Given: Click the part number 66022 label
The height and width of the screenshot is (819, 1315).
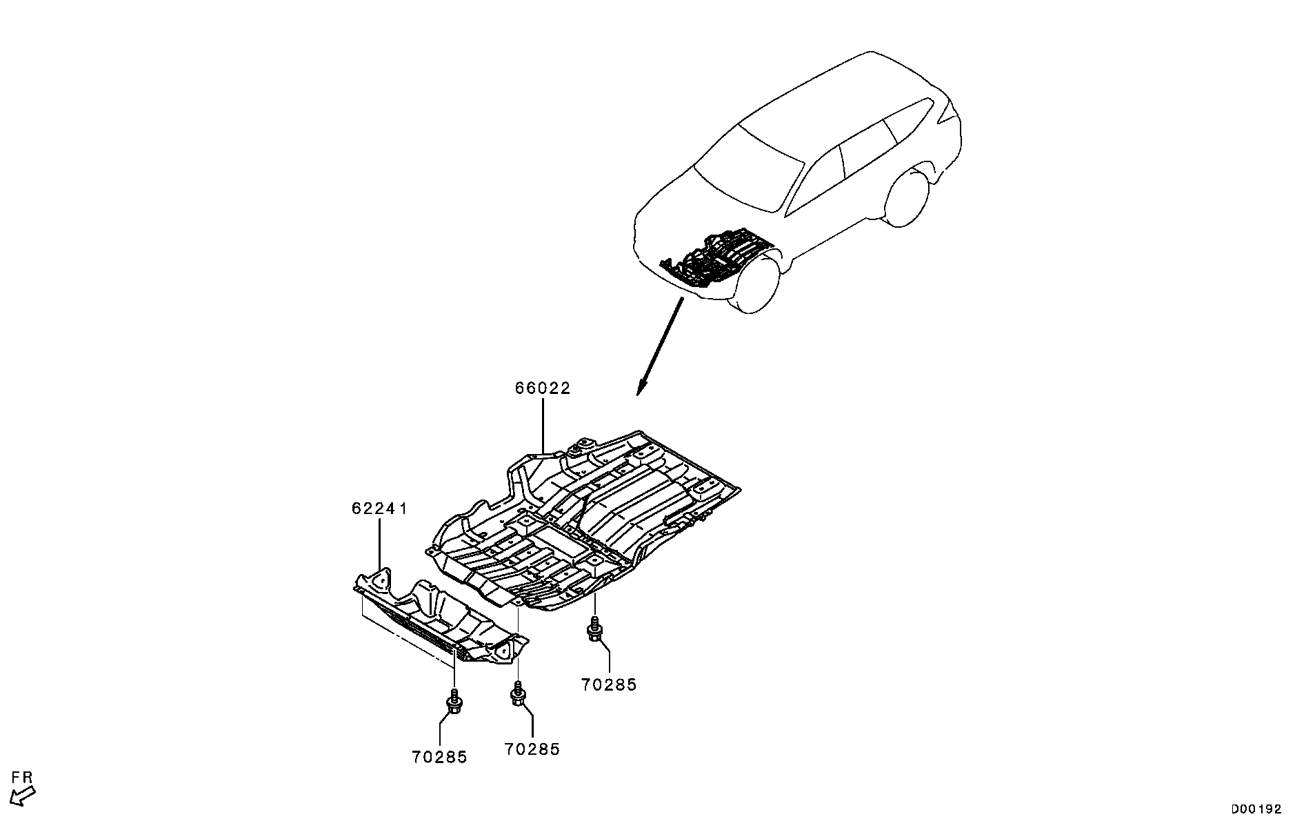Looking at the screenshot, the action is (543, 388).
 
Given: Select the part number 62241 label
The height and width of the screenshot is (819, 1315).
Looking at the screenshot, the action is (379, 509).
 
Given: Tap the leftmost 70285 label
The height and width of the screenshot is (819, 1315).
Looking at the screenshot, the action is (439, 757).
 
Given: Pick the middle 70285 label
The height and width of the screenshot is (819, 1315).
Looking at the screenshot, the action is (532, 749).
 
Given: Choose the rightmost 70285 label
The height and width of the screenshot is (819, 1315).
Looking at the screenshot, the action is (609, 684).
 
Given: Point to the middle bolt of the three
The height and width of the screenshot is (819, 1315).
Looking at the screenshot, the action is (518, 693).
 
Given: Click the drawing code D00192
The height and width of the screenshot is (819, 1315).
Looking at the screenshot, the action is (1257, 809).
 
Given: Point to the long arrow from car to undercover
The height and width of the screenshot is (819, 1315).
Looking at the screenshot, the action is (661, 346).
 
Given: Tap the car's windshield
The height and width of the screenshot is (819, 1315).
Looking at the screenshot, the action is (749, 168).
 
